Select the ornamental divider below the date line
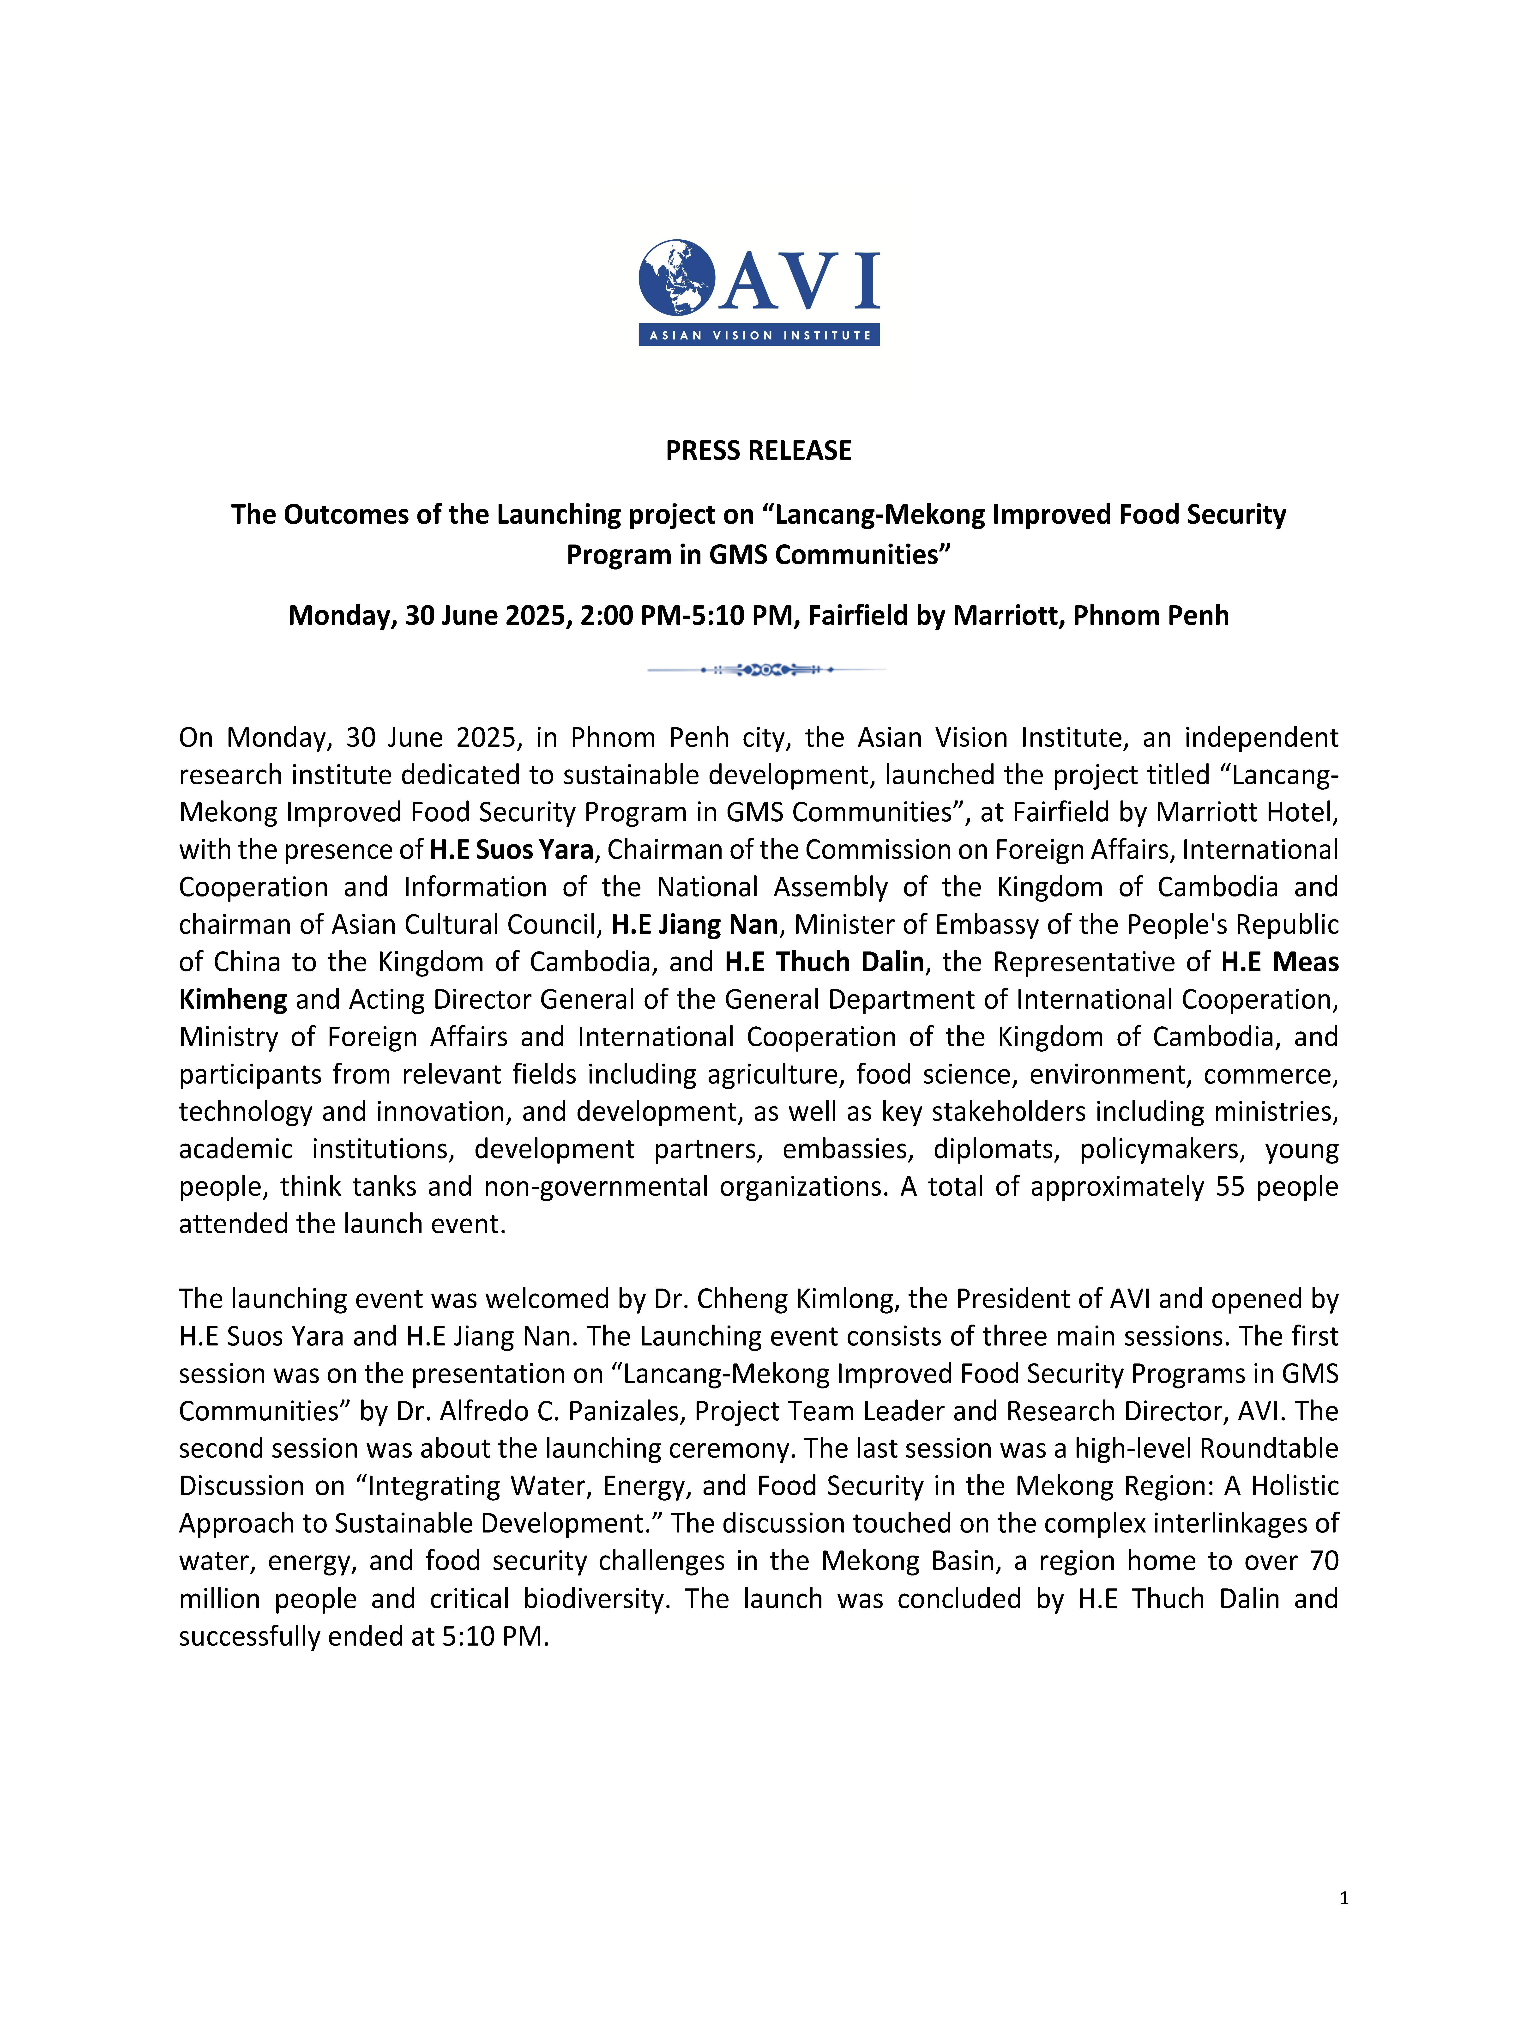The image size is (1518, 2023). coord(766,669)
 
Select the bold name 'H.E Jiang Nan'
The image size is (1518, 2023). coord(694,925)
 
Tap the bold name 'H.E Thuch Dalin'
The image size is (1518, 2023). coord(824,962)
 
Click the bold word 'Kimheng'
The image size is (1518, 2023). coord(233,999)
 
